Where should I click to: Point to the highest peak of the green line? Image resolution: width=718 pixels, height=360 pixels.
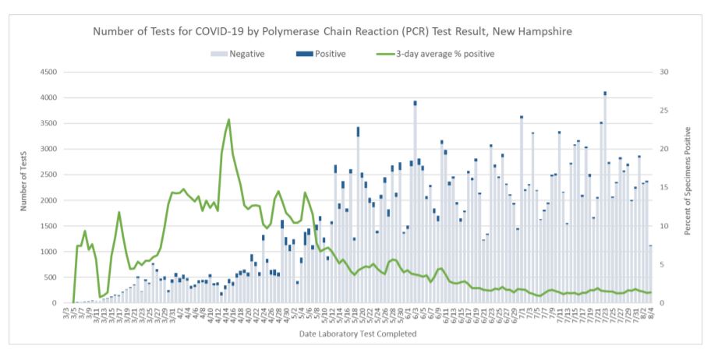coord(228,120)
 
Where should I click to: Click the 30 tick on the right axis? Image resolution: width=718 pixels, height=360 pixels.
coord(663,72)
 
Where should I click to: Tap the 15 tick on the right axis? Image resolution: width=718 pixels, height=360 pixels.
coord(663,188)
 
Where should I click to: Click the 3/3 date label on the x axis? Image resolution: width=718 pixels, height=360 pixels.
coord(66,313)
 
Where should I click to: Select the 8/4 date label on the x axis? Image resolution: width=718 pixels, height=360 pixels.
coord(649,313)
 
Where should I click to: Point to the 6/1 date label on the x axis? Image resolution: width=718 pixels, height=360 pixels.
coord(409,313)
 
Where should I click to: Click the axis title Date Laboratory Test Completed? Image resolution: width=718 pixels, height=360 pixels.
coord(358,334)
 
